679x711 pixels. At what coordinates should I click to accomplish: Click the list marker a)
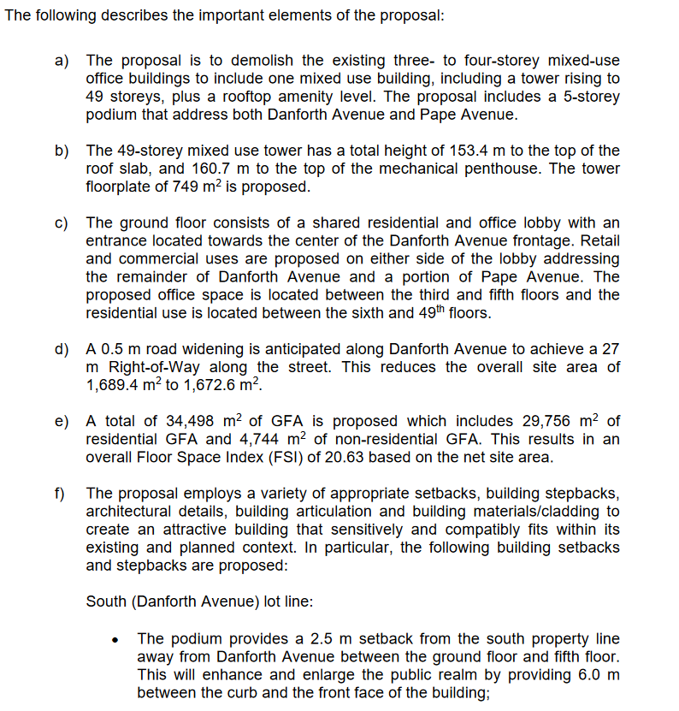click(x=61, y=60)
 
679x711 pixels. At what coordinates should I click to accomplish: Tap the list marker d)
click(x=61, y=349)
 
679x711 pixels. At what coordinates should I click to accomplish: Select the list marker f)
click(x=60, y=494)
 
